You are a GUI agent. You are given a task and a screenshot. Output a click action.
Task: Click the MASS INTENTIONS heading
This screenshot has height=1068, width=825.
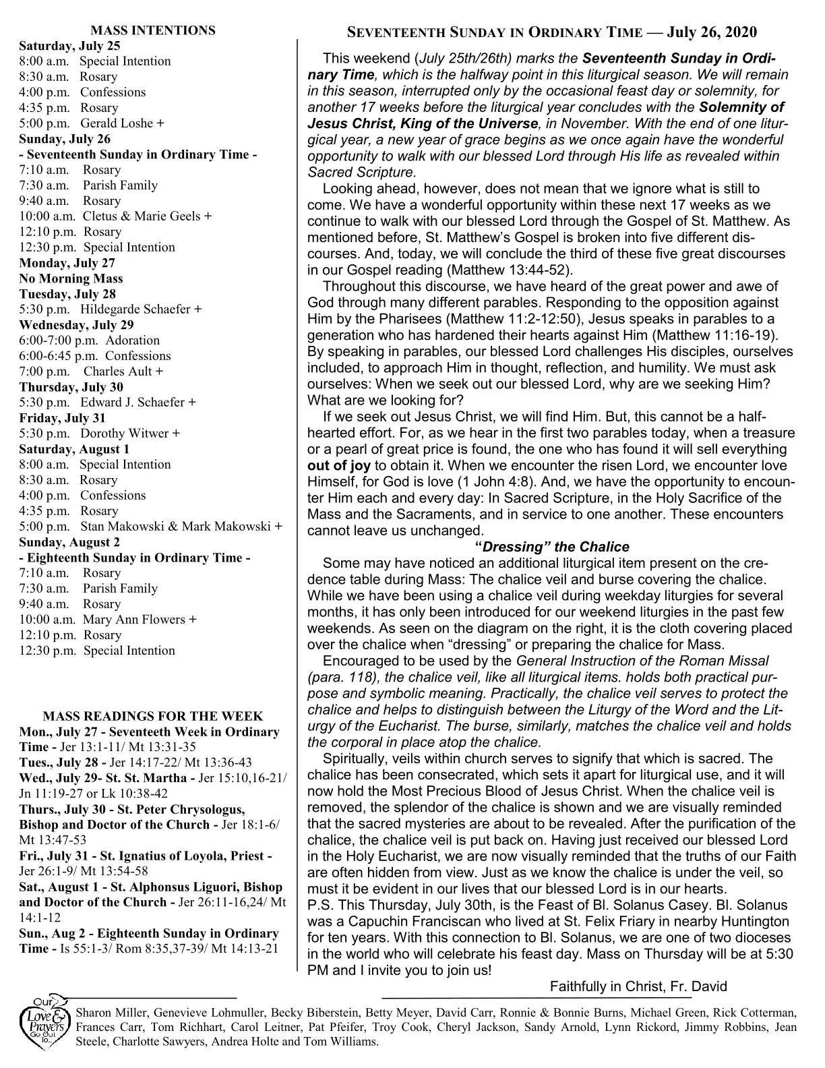click(153, 30)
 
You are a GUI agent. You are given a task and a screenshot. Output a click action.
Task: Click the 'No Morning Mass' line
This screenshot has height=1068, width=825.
click(71, 278)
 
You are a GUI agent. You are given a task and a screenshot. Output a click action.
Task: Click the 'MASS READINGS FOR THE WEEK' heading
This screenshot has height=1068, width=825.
click(153, 716)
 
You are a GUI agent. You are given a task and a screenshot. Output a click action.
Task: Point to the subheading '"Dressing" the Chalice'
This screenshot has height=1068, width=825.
click(552, 547)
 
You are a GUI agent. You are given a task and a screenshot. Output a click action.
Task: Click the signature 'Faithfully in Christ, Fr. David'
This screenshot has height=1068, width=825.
click(638, 986)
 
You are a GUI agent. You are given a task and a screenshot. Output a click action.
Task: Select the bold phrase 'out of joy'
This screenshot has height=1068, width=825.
click(339, 465)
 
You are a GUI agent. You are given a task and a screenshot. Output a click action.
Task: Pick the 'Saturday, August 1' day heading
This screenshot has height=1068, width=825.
click(74, 449)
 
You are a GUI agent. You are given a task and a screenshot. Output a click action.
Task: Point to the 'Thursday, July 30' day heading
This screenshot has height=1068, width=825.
click(71, 387)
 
